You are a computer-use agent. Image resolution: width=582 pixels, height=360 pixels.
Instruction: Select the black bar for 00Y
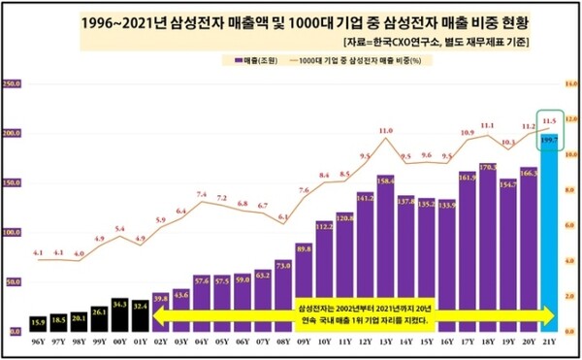click(119, 315)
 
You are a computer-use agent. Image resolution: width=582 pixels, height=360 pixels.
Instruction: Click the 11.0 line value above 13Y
click(385, 130)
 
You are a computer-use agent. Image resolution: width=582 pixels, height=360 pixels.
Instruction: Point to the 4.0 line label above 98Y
click(79, 254)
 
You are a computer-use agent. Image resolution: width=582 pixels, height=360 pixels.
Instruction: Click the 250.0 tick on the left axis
click(13, 83)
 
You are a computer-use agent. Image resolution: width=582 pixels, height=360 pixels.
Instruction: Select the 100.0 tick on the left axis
click(13, 233)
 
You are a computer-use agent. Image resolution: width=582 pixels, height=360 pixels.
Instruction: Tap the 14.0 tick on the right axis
click(571, 84)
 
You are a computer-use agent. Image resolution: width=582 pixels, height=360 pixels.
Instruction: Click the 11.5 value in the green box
click(551, 120)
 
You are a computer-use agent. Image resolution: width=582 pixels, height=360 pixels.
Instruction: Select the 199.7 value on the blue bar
click(550, 142)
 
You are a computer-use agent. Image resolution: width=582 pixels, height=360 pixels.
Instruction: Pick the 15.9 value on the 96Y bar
click(37, 321)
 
